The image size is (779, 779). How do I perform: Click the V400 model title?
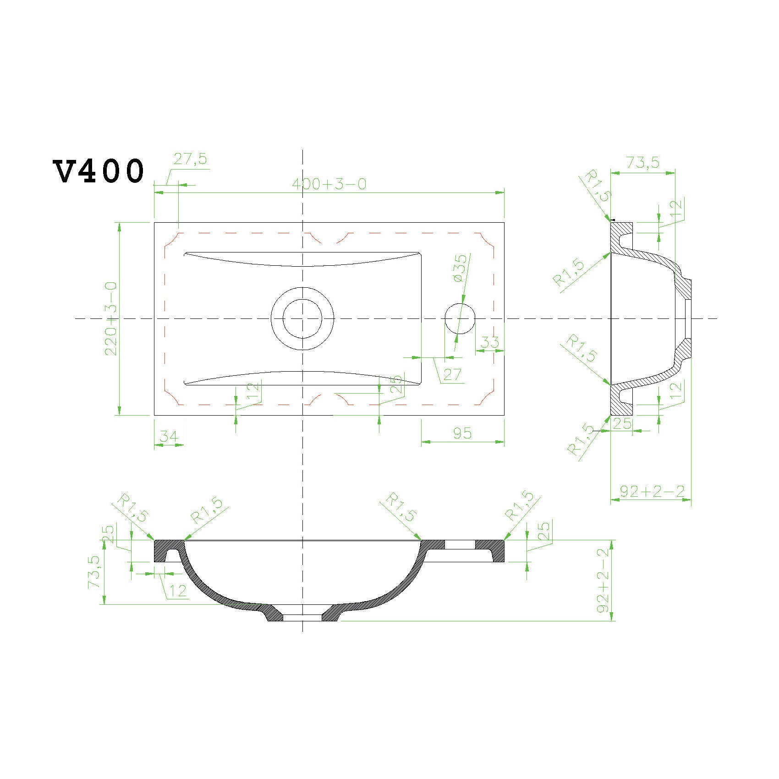click(x=99, y=171)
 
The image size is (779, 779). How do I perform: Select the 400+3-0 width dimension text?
click(x=329, y=184)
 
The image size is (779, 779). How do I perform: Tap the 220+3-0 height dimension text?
click(x=111, y=318)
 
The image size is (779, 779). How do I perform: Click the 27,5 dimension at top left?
click(x=190, y=159)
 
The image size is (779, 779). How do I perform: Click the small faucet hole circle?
click(x=460, y=318)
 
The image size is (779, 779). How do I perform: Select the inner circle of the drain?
click(x=302, y=318)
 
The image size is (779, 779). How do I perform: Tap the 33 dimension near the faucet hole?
click(x=490, y=342)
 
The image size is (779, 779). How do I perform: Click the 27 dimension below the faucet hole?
click(x=452, y=374)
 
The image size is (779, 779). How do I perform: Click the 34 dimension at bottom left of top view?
click(x=168, y=437)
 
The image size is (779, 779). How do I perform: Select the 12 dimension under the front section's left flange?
click(x=177, y=591)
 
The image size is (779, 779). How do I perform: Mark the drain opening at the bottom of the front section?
click(x=302, y=618)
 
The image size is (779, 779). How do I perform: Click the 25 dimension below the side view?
click(x=622, y=423)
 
